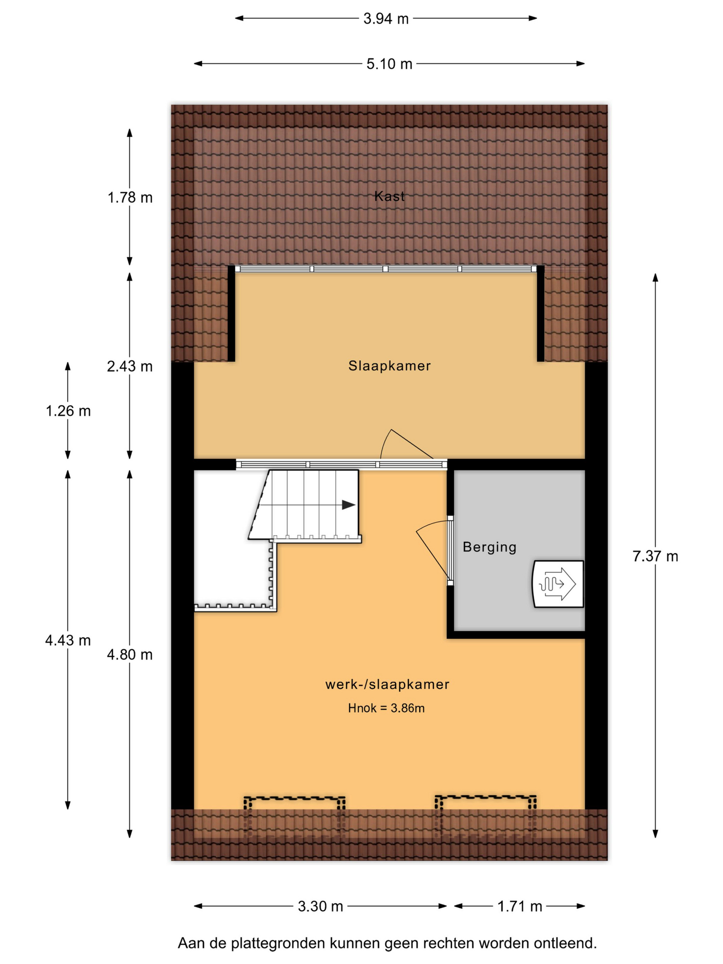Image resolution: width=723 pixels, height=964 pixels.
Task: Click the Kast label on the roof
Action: coord(389,196)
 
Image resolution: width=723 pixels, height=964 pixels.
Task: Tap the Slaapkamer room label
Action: coord(390,366)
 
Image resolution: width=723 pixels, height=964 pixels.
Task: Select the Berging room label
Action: coord(490,547)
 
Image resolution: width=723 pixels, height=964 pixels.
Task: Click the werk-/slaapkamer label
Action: coord(387,684)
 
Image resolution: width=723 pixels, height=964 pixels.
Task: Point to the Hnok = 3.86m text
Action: coord(387,708)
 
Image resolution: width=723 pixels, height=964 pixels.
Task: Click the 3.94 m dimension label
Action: coord(386,19)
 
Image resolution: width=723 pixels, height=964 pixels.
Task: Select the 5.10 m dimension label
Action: coord(389,64)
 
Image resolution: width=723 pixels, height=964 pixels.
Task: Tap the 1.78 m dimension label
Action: coord(130,198)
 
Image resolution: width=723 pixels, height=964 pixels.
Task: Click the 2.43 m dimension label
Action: coord(130,367)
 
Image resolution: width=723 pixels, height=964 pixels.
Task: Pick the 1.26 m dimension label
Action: coord(68,411)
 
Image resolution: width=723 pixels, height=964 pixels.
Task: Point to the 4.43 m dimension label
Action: coord(68,641)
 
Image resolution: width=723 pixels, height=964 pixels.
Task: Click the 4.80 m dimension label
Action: coord(130,655)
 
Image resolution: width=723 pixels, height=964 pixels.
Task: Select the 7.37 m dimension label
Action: coord(655,556)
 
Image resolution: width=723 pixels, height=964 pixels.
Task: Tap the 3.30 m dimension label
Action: coord(320,906)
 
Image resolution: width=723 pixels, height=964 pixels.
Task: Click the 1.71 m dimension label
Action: coord(520,906)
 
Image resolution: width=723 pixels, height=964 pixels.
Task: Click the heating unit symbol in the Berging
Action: coord(558,584)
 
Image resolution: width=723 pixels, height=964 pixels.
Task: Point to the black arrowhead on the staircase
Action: coord(349,505)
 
